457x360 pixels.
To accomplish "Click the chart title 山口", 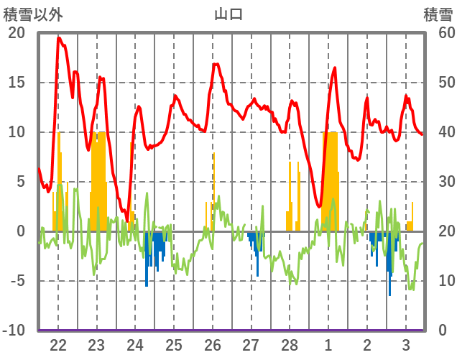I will pyautogui.click(x=228, y=14).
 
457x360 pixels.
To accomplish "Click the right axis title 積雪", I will pyautogui.click(x=437, y=14).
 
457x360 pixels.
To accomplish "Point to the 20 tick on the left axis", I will pyautogui.click(x=16, y=33).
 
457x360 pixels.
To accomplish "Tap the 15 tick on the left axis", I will pyautogui.click(x=16, y=83).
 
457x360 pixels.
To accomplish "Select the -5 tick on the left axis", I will pyautogui.click(x=16, y=281).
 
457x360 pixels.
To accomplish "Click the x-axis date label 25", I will pyautogui.click(x=174, y=344).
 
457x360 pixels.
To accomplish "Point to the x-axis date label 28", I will pyautogui.click(x=290, y=344).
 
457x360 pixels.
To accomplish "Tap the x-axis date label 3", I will pyautogui.click(x=405, y=344).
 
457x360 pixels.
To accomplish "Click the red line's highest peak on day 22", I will pyautogui.click(x=59, y=38).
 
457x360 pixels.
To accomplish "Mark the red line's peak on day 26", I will pyautogui.click(x=214, y=64).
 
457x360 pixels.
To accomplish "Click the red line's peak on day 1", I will pyautogui.click(x=335, y=68).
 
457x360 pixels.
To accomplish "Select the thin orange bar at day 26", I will pyautogui.click(x=213, y=190).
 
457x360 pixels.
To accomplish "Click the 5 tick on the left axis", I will pyautogui.click(x=19, y=182).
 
